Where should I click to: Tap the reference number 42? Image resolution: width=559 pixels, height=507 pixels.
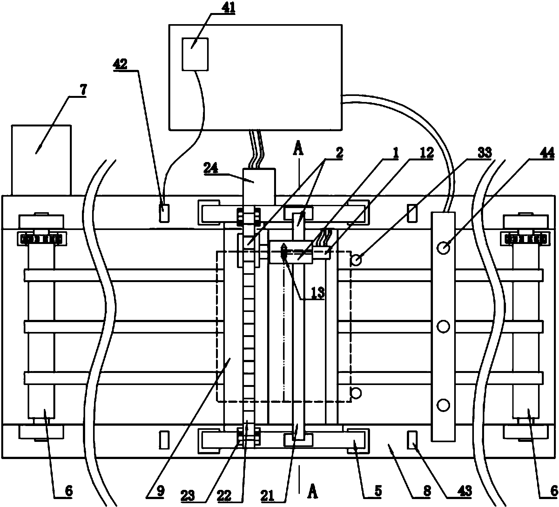[121, 64]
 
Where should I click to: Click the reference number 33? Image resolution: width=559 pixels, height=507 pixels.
[484, 153]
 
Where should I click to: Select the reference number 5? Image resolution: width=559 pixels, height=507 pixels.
[378, 491]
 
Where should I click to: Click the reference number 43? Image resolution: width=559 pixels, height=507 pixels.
[465, 491]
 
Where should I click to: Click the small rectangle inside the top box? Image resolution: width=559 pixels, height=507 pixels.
[195, 54]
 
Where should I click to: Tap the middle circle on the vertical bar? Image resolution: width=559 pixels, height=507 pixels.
[443, 326]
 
